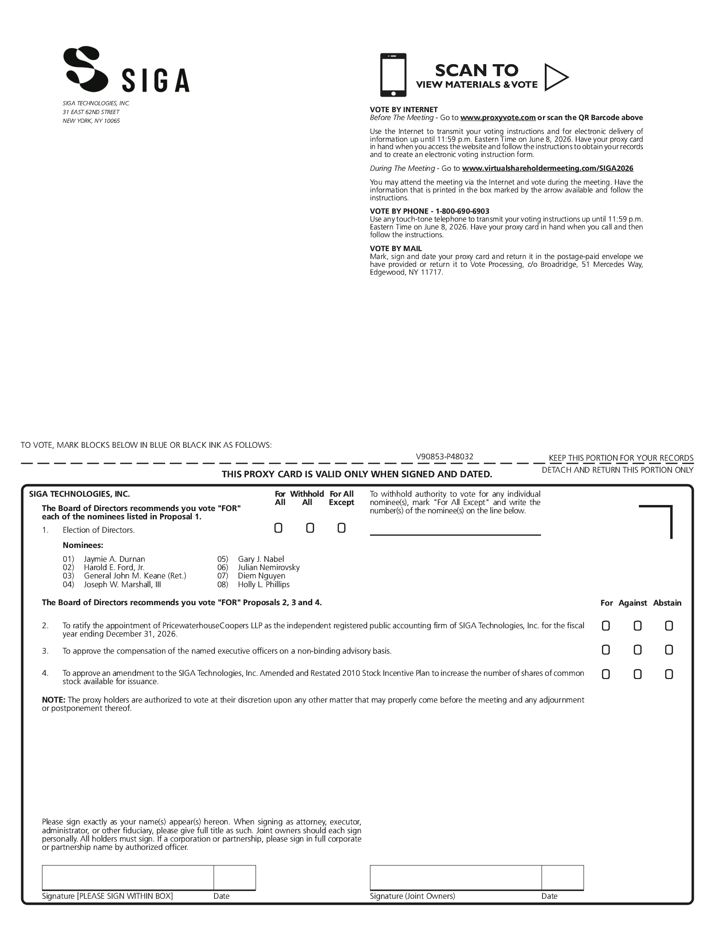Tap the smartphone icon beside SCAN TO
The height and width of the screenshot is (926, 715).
393,75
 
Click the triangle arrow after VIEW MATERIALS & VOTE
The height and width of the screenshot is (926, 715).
555,77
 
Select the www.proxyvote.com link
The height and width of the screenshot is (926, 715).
498,118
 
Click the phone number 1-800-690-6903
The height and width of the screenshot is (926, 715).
462,211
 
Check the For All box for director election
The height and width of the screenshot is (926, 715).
278,528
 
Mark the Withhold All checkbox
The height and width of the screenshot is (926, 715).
310,528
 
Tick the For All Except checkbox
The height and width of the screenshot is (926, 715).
341,528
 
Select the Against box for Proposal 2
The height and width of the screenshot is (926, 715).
638,625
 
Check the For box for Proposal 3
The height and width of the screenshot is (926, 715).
606,650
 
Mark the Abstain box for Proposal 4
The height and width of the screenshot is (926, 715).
669,674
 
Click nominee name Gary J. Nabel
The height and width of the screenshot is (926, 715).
261,559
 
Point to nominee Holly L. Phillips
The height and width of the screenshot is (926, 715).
263,584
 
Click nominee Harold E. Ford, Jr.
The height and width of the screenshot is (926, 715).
114,567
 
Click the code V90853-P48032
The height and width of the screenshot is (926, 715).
444,457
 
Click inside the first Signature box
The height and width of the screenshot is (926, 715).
128,878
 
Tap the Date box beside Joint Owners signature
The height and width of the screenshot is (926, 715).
562,878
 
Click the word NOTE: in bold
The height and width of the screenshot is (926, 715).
54,700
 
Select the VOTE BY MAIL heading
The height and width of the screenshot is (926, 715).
396,248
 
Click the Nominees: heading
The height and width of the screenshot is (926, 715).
83,545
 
